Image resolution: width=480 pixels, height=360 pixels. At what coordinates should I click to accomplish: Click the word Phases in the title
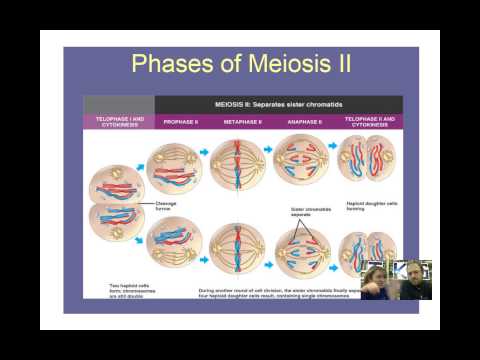[x=171, y=66]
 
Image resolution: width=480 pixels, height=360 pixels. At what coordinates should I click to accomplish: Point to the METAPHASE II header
[x=244, y=120]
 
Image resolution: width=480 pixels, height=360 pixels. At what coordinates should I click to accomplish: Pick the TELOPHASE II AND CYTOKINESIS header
[x=369, y=120]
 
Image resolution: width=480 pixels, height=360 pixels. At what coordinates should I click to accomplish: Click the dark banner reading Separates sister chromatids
[x=278, y=103]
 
